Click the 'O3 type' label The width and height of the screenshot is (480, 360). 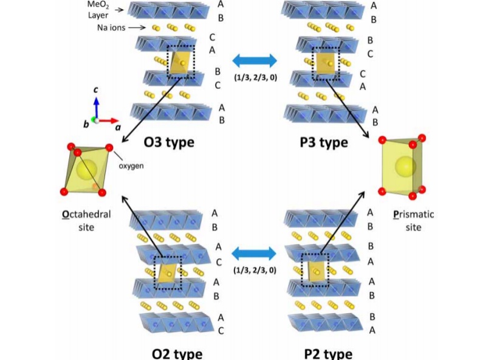pyautogui.click(x=169, y=143)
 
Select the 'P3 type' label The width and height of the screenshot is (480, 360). pyautogui.click(x=324, y=142)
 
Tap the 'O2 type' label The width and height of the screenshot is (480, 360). pyautogui.click(x=177, y=353)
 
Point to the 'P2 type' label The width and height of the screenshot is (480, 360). pyautogui.click(x=327, y=353)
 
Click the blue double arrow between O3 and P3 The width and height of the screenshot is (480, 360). pyautogui.click(x=255, y=60)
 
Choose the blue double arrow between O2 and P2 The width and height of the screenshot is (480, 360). pyautogui.click(x=255, y=252)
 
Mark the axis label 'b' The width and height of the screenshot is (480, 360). pyautogui.click(x=86, y=124)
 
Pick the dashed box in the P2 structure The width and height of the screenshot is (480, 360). pyautogui.click(x=315, y=269)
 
